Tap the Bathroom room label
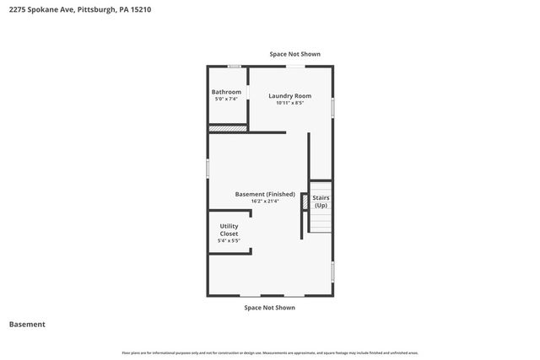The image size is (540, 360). [226, 92]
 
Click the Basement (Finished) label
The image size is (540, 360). [265, 194]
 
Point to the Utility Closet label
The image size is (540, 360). [229, 229]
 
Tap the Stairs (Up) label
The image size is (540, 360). [321, 201]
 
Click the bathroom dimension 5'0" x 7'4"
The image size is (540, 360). [226, 99]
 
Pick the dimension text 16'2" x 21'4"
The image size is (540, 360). [265, 201]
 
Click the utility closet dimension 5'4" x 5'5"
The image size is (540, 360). [229, 241]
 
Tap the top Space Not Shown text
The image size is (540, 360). [294, 54]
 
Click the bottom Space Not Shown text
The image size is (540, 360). [269, 308]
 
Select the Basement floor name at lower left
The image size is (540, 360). [27, 325]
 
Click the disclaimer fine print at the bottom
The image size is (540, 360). [270, 352]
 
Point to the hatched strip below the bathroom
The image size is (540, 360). [228, 128]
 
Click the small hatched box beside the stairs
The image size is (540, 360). [305, 201]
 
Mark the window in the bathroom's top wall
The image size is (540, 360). [235, 65]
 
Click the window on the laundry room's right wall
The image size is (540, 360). [332, 107]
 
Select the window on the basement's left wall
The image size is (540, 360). [208, 168]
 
